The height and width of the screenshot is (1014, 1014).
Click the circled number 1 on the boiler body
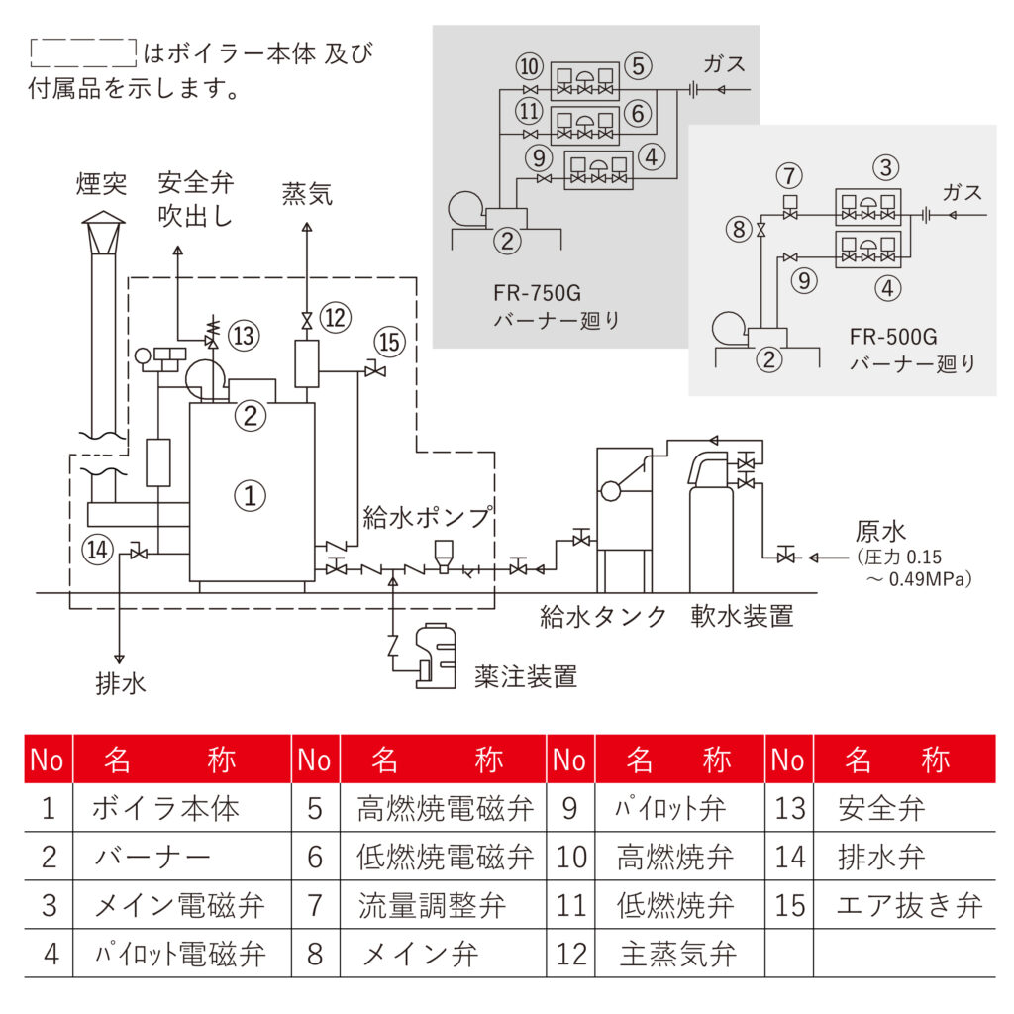tap(252, 494)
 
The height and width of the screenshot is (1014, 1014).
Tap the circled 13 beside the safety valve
tap(245, 336)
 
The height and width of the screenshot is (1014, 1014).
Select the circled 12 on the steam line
tap(336, 318)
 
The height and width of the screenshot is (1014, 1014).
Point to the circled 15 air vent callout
tap(390, 342)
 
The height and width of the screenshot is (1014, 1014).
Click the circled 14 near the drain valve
tap(99, 548)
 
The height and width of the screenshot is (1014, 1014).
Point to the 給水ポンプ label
tap(426, 517)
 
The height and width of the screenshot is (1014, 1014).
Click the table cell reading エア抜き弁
tap(908, 905)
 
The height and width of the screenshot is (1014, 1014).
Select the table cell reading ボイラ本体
tap(165, 809)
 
